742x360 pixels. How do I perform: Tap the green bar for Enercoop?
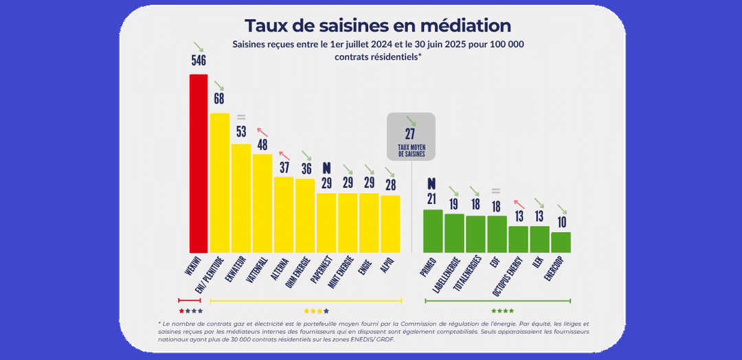pos(561,242)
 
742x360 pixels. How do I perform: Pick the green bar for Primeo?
pos(433,231)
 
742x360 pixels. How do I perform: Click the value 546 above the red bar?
pos(199,61)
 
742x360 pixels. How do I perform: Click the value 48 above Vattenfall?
pos(262,144)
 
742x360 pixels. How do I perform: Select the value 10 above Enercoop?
pos(561,222)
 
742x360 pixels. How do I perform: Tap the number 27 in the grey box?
pos(411,135)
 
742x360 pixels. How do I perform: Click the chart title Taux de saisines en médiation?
pos(378,25)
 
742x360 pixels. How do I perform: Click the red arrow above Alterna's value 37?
pos(282,155)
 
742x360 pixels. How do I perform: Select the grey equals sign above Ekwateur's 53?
pos(241,117)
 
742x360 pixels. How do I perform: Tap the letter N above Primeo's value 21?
pos(431,183)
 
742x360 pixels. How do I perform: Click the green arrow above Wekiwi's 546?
pos(199,47)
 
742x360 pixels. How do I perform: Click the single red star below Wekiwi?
pos(181,311)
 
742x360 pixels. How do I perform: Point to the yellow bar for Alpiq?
pos(390,224)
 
